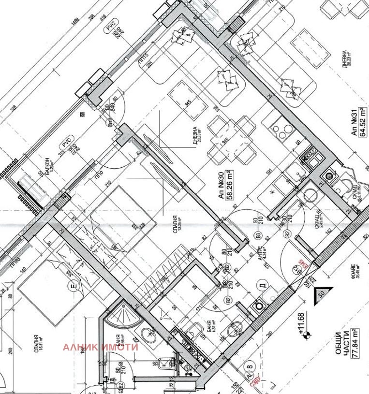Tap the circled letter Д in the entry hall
[264, 285]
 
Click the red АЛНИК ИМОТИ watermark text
[100, 347]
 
